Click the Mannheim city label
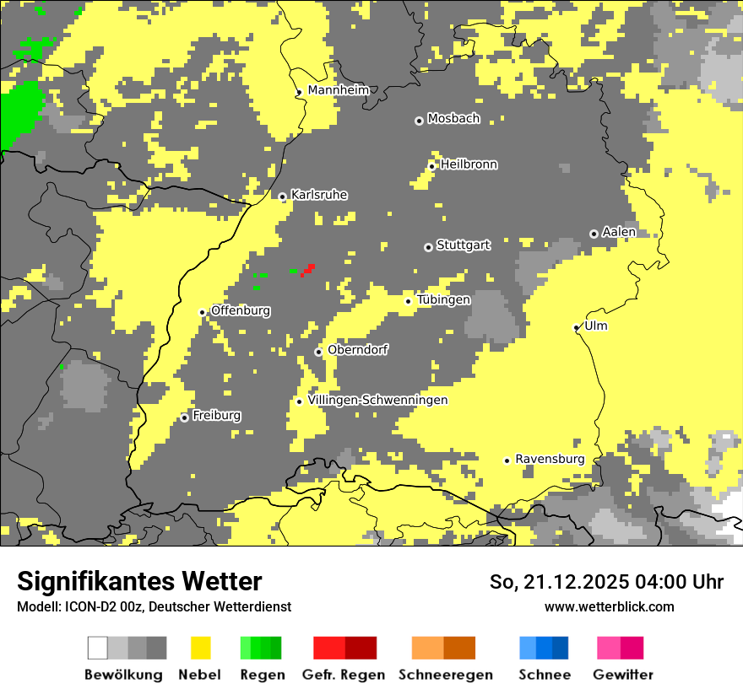pyautogui.click(x=338, y=90)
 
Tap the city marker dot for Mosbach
pyautogui.click(x=419, y=121)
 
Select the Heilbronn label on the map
pyautogui.click(x=469, y=164)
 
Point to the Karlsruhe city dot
pyautogui.click(x=282, y=197)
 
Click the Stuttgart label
pyautogui.click(x=463, y=245)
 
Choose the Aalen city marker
pyautogui.click(x=594, y=234)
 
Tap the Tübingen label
pyautogui.click(x=443, y=299)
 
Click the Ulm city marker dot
pyautogui.click(x=577, y=327)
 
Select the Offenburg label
pyautogui.click(x=241, y=310)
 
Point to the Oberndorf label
pyautogui.click(x=358, y=350)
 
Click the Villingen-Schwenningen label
pyautogui.click(x=377, y=400)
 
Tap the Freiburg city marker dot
pyautogui.click(x=184, y=417)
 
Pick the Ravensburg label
pyautogui.click(x=550, y=459)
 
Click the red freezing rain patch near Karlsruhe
pyautogui.click(x=308, y=270)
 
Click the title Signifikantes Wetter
pyautogui.click(x=139, y=581)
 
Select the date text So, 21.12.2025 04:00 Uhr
pyautogui.click(x=606, y=582)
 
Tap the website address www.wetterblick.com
pyautogui.click(x=609, y=606)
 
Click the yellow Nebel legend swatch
pyautogui.click(x=201, y=648)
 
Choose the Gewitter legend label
pyautogui.click(x=622, y=675)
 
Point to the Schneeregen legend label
pyautogui.click(x=445, y=675)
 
